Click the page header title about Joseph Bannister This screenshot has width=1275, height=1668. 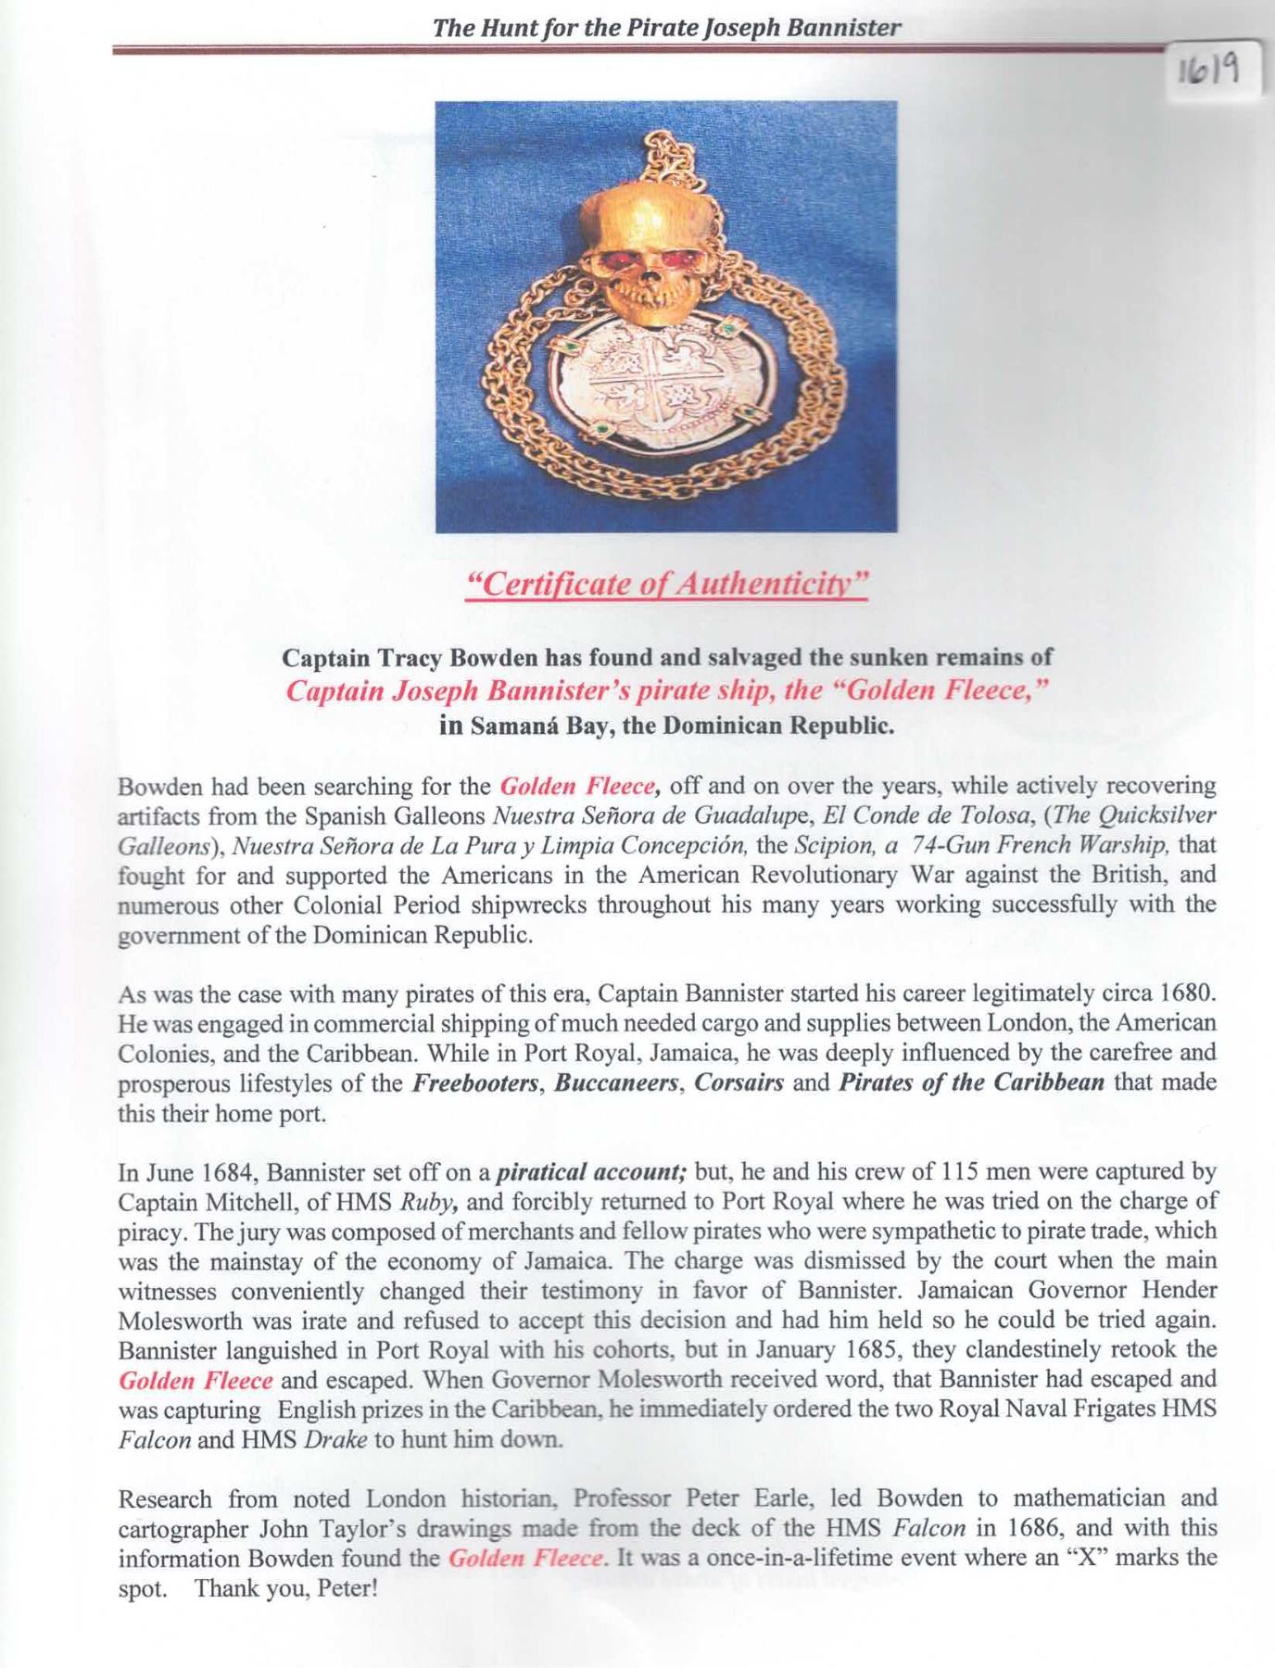pos(666,27)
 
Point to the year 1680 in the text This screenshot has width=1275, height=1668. pos(1187,993)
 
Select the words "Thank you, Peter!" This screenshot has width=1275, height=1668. pos(286,1586)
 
